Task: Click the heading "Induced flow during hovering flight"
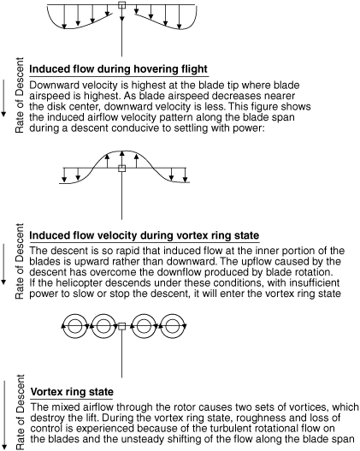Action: pos(118,69)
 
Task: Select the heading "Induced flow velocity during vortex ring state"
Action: pos(145,235)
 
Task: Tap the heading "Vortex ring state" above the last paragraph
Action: pos(72,392)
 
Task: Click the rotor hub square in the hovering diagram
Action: pos(122,5)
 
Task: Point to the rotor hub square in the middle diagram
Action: pos(122,169)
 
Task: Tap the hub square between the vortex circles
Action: pos(122,326)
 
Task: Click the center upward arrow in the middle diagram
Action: pos(122,158)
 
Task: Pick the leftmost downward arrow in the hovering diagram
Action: pos(64,16)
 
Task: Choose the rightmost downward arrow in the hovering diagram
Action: pos(180,16)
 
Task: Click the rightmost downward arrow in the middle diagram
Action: pos(186,175)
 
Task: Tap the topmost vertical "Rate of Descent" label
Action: pos(20,95)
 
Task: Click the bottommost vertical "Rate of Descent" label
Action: pos(20,412)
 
